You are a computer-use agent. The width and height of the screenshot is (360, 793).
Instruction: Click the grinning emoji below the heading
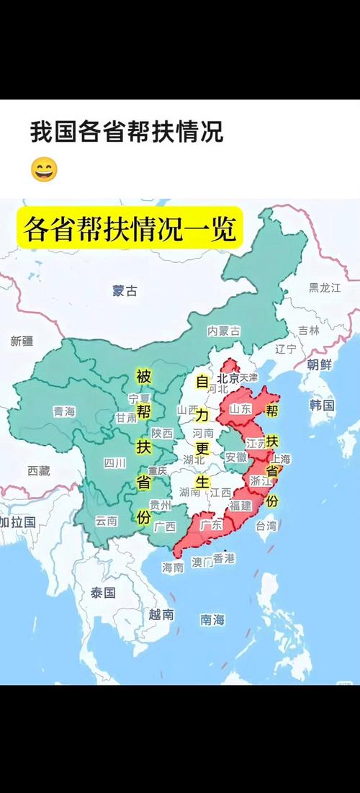44,170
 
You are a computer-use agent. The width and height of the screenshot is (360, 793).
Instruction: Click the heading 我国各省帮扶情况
126,132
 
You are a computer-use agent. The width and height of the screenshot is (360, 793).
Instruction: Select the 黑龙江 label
324,287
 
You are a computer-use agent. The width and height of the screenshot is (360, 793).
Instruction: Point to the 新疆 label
22,341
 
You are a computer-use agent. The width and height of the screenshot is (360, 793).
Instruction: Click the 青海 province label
64,411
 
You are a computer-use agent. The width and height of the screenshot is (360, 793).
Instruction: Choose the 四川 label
114,462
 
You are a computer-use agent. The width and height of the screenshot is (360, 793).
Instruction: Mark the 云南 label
107,520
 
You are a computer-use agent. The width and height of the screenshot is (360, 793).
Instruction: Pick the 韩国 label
322,405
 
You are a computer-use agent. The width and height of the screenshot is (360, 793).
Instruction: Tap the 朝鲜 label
320,364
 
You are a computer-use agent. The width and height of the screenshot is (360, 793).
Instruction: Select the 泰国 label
103,593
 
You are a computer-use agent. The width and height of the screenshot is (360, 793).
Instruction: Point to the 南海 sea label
212,619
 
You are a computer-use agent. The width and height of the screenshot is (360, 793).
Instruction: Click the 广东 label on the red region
212,525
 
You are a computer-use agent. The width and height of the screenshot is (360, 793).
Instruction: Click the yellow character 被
143,375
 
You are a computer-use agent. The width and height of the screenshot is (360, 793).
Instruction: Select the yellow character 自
202,380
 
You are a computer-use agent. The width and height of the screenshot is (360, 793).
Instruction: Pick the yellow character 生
202,480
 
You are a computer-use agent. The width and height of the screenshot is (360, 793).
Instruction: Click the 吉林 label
308,330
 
